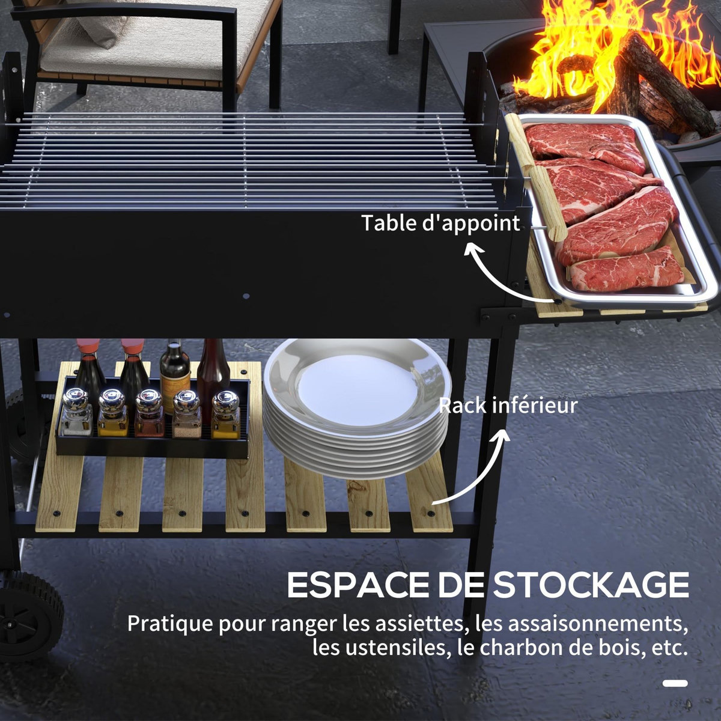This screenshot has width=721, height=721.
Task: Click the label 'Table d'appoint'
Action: (440, 223)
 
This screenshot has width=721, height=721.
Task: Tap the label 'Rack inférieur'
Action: (508, 406)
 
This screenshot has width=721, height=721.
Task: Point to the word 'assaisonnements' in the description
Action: (598, 623)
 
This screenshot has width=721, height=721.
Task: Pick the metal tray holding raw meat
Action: (619, 210)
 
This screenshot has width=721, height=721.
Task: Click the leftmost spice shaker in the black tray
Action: (76, 413)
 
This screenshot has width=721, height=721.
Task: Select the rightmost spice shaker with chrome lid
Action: (225, 415)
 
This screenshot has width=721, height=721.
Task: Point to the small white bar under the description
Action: (675, 683)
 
